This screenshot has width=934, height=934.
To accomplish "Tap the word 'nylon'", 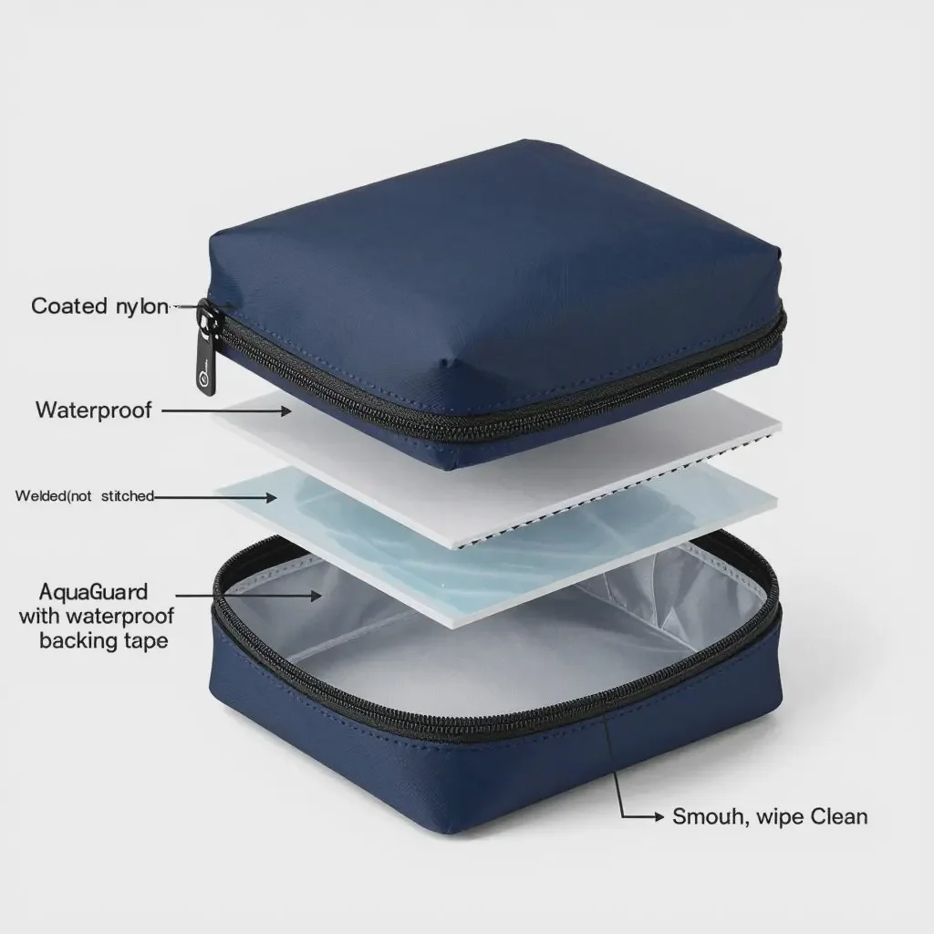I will pos(142,306).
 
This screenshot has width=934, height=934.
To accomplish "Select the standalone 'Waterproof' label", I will pos(94,409).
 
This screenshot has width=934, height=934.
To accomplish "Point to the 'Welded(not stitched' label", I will pos(85,496).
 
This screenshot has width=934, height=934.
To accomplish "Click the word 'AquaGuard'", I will pos(94,593).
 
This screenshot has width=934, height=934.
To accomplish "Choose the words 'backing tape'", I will pos(104,640).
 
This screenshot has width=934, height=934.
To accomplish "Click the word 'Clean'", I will pos(835,816).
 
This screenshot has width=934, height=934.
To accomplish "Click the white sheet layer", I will pos(511,456).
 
